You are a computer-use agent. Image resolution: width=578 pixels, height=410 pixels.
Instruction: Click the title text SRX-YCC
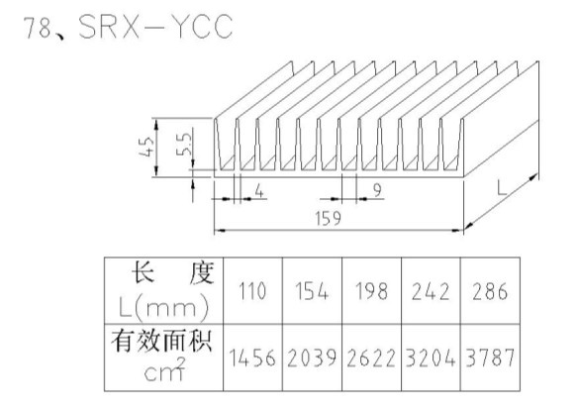tap(155, 26)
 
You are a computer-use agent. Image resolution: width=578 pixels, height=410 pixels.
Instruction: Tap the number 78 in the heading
tap(38, 27)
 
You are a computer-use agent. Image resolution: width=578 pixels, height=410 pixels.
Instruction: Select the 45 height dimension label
tap(147, 147)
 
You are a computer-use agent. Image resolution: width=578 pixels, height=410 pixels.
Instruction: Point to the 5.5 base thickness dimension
tap(184, 144)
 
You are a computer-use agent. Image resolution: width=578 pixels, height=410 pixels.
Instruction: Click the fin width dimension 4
tap(259, 191)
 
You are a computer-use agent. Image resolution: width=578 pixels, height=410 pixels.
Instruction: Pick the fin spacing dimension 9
tap(377, 190)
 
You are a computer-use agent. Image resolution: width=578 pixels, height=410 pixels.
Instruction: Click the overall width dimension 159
tap(329, 218)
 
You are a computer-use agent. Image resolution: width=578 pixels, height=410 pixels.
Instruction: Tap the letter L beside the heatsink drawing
tap(502, 188)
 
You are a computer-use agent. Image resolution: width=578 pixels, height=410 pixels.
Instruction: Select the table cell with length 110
tap(252, 291)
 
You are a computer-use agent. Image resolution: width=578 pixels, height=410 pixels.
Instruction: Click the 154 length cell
tap(312, 291)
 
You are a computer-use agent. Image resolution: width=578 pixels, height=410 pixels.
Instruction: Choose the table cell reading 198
tap(371, 291)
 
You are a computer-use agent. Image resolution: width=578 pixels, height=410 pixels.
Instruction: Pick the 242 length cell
tap(431, 291)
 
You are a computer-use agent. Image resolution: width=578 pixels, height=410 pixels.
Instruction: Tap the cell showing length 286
tap(490, 291)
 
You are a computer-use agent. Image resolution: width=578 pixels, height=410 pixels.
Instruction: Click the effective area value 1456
tap(252, 358)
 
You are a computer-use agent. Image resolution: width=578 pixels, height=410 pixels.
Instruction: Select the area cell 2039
tap(312, 358)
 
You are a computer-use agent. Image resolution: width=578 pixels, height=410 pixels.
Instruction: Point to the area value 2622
tap(371, 358)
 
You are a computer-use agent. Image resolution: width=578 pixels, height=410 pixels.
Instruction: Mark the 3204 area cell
tap(431, 358)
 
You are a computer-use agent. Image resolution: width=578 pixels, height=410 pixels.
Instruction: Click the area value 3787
tap(490, 358)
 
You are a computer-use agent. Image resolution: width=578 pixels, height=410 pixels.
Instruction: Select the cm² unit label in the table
tap(164, 369)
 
